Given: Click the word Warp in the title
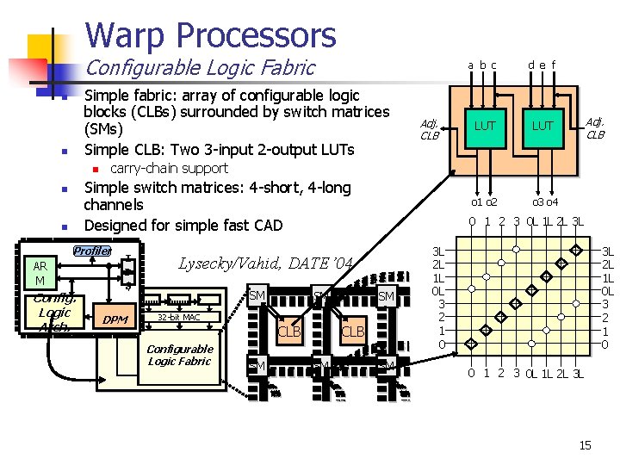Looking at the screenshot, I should (x=126, y=35).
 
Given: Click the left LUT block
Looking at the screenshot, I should (x=486, y=126).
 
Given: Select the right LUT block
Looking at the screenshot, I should (x=542, y=126).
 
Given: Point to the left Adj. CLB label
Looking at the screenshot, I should (x=429, y=129).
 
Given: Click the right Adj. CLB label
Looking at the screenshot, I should (x=595, y=128).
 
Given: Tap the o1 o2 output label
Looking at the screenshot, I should (x=483, y=201).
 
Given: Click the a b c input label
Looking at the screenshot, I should (x=482, y=65).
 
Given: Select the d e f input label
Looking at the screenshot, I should (x=542, y=65).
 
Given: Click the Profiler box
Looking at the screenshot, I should (x=92, y=251).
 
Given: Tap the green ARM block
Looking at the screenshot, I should (x=39, y=273).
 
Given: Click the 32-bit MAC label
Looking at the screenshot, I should (x=178, y=318).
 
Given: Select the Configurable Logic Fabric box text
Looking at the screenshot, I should (x=179, y=355).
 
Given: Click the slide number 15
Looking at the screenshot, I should (x=585, y=445).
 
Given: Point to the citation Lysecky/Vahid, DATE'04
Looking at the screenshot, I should (x=265, y=263).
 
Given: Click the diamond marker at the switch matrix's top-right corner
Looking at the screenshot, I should (x=574, y=250).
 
